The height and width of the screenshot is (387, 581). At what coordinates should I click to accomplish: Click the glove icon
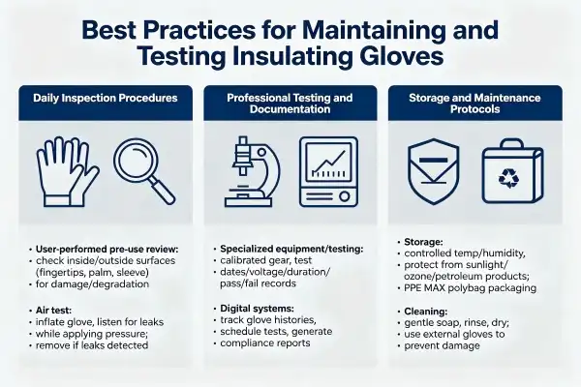67,172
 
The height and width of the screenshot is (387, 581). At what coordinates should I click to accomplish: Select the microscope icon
252,171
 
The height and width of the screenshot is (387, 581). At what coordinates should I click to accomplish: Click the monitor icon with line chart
328,171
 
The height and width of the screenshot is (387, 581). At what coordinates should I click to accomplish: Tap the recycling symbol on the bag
508,177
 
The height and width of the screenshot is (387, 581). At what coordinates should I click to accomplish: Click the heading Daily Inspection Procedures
106,98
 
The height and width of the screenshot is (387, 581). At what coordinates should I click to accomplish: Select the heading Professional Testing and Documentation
290,104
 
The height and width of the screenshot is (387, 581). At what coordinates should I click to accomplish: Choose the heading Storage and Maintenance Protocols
474,104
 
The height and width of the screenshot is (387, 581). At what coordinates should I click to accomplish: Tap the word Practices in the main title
199,30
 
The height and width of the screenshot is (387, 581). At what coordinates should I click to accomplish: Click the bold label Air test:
53,311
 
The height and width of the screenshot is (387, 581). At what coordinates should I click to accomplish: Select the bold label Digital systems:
257,308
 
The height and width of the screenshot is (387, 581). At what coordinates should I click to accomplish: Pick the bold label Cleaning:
426,312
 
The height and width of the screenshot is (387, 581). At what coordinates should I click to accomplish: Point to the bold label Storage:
423,242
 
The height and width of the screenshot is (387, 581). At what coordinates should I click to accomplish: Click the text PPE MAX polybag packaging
471,288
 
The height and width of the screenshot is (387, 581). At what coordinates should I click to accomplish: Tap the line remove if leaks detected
92,345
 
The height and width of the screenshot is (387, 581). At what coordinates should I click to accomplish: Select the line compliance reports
265,343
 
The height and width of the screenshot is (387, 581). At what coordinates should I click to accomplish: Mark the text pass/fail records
258,283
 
